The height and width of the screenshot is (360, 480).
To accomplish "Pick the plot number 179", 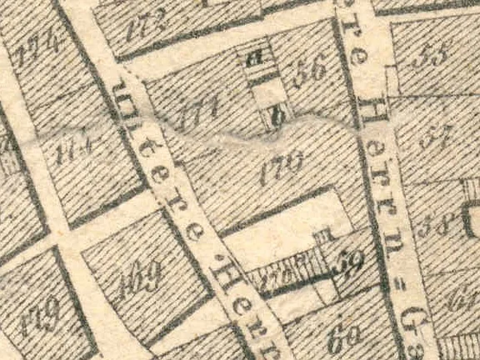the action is pyautogui.click(x=41, y=317).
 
